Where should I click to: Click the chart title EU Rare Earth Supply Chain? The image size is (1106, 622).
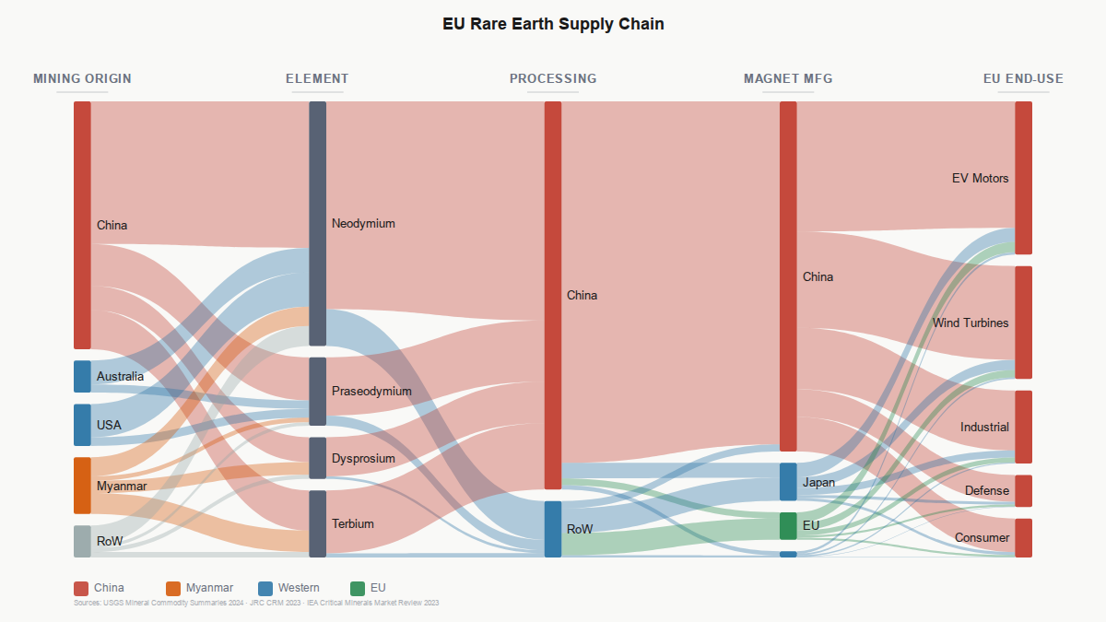[553, 24]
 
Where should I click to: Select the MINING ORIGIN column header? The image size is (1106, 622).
[82, 78]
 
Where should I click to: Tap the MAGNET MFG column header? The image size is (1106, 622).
[788, 78]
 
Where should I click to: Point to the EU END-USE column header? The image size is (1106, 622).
[1023, 78]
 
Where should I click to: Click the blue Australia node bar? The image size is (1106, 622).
[82, 376]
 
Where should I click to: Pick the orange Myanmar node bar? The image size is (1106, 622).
[82, 485]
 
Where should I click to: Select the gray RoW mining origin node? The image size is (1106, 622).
[82, 541]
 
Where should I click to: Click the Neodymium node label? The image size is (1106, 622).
[363, 223]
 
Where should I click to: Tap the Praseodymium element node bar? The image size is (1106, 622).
[317, 391]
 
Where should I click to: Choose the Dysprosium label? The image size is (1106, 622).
[363, 458]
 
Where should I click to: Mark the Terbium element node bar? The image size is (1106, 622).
[317, 523]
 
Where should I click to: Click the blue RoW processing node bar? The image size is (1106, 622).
[552, 529]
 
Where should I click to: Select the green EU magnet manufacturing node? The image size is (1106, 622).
[788, 525]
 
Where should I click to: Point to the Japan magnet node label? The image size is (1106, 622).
[818, 482]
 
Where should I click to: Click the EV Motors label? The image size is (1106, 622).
[980, 178]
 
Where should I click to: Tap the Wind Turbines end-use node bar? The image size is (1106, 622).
[1023, 323]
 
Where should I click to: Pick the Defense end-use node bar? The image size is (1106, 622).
[1023, 490]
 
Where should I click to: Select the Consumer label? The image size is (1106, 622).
[982, 537]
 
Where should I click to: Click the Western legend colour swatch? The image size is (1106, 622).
[265, 588]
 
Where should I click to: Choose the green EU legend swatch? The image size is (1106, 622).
[358, 588]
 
